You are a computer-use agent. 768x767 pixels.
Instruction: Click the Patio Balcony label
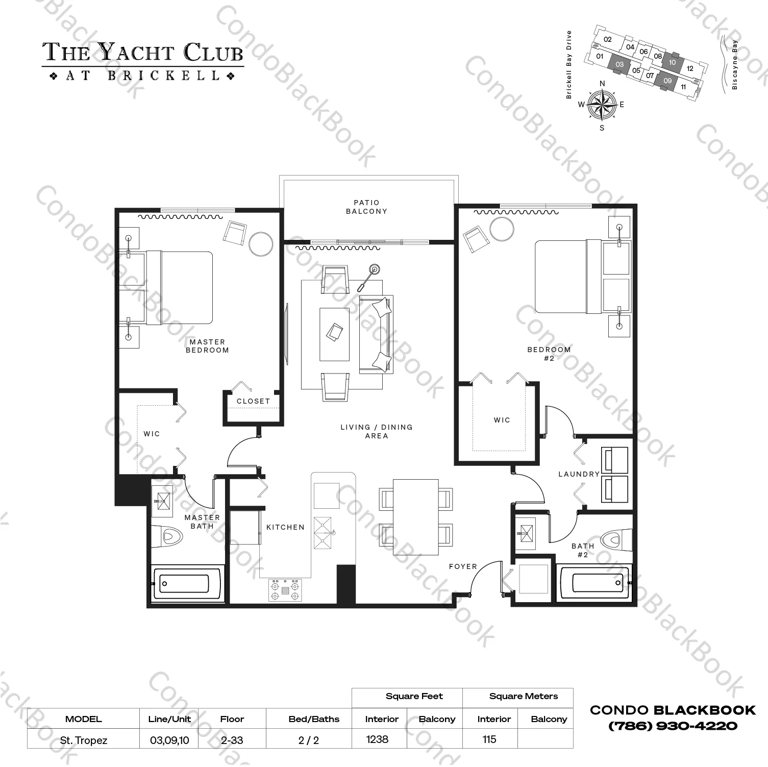click(x=366, y=207)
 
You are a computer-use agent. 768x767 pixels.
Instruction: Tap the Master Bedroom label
click(x=207, y=346)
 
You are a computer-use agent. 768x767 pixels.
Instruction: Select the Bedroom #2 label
click(x=549, y=354)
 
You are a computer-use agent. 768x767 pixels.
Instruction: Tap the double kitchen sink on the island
click(x=323, y=533)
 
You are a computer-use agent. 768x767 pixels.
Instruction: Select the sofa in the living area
click(x=376, y=334)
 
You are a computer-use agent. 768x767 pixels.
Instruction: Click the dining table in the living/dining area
click(x=416, y=517)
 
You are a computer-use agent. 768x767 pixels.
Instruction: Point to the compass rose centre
click(x=602, y=104)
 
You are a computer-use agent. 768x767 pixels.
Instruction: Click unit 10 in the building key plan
click(x=672, y=62)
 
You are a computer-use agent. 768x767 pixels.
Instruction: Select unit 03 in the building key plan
click(x=620, y=64)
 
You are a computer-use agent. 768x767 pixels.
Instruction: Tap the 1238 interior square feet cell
click(x=377, y=739)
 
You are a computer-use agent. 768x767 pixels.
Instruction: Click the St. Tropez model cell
click(x=83, y=740)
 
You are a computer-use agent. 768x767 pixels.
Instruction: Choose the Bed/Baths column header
click(x=314, y=719)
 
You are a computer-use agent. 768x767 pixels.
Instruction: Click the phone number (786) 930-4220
click(x=673, y=726)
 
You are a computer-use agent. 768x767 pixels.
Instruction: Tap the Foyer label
click(x=463, y=566)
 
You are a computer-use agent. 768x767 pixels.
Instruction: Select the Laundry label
click(x=579, y=474)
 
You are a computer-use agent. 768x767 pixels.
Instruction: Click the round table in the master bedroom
click(x=262, y=244)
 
